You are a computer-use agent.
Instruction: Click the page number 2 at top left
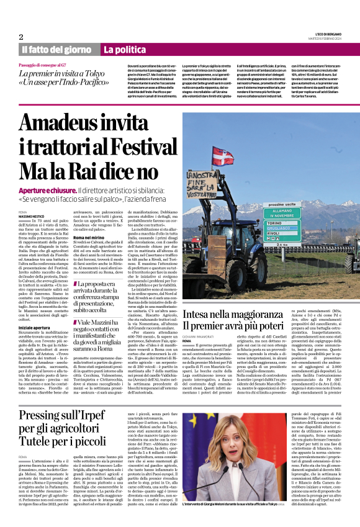(x=21, y=37)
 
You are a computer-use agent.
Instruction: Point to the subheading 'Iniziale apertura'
(x=34, y=328)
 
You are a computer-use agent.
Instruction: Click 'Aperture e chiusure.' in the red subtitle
(x=48, y=190)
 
